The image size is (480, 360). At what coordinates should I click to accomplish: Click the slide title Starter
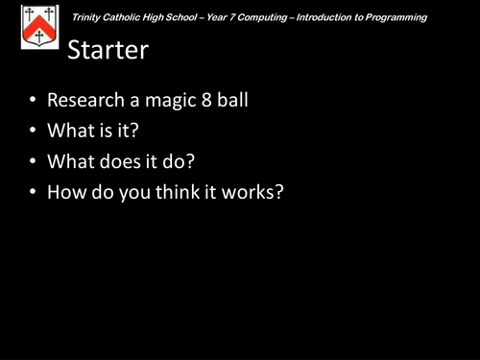pyautogui.click(x=108, y=50)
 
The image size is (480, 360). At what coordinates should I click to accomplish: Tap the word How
pyautogui.click(x=65, y=192)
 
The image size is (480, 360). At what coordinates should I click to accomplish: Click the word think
pyautogui.click(x=171, y=192)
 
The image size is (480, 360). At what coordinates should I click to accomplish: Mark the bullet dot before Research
pyautogui.click(x=33, y=101)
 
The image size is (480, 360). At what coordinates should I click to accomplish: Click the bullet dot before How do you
pyautogui.click(x=33, y=193)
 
